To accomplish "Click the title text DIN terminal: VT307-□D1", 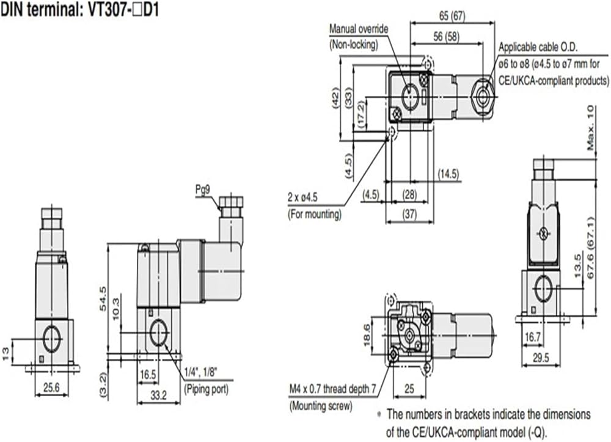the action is [x=80, y=9].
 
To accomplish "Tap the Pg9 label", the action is [x=203, y=190].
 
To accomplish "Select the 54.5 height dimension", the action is [x=103, y=298].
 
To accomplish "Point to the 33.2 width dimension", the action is [x=159, y=395].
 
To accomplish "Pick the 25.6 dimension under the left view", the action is [x=51, y=388].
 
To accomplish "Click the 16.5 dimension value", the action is [x=148, y=375].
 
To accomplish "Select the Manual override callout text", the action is [x=359, y=29].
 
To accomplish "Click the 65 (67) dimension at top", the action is [x=452, y=16].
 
